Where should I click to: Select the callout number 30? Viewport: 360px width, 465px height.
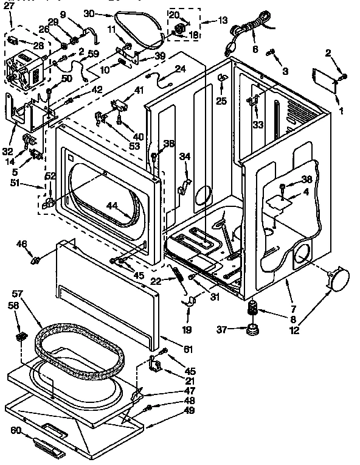point(89,13)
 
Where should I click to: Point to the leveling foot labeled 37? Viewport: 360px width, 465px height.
point(250,330)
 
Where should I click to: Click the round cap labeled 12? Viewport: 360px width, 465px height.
point(337,279)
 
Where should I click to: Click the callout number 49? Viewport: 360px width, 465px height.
point(190,410)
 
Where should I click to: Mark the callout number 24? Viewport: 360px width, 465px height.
point(180,69)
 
